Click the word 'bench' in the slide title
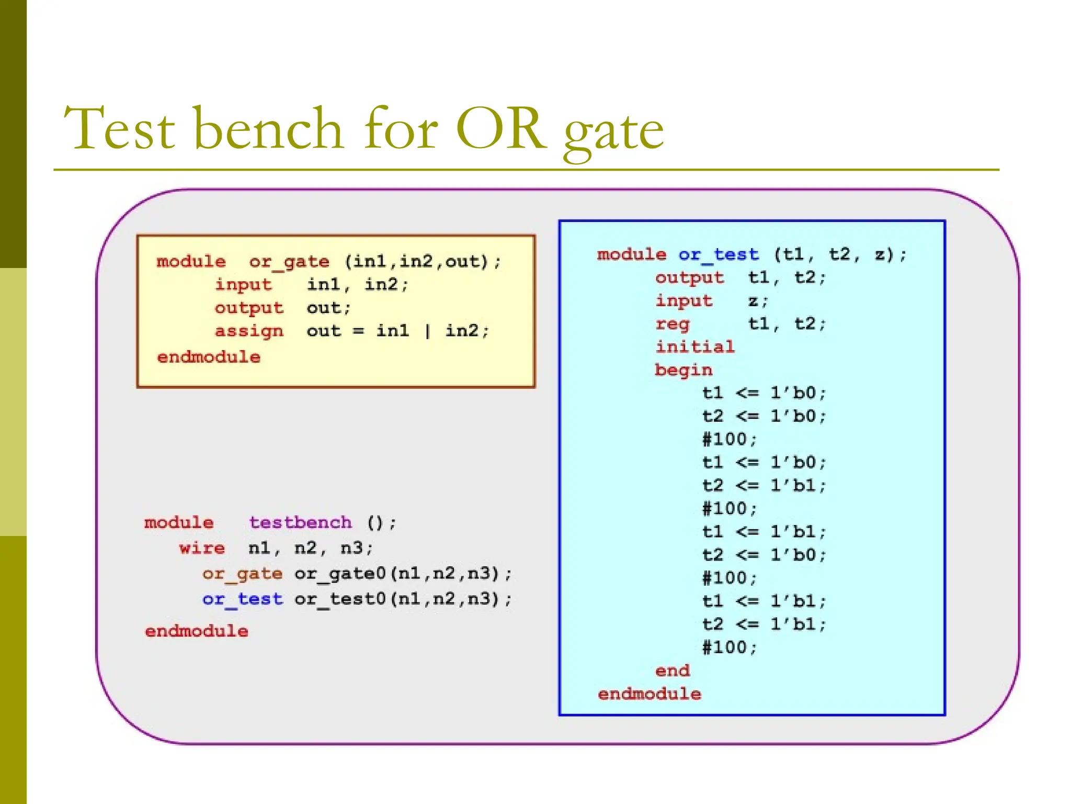pos(268,128)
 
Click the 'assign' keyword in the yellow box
pos(249,331)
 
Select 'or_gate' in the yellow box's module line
pos(289,261)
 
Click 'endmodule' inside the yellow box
pos(208,357)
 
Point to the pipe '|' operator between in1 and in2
pos(427,331)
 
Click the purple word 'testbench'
pos(300,522)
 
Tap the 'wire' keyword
pos(202,548)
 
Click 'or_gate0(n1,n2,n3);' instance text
pos(402,574)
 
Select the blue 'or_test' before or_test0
pos(242,599)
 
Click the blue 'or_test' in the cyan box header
pos(718,254)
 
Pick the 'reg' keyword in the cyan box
pos(673,324)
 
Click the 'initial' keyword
pos(694,347)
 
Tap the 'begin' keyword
pos(683,370)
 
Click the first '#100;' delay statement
pos(729,439)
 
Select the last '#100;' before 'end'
pos(729,647)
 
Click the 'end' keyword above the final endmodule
pos(672,671)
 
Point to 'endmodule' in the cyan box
pos(649,694)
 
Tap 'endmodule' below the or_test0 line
pos(196,631)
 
